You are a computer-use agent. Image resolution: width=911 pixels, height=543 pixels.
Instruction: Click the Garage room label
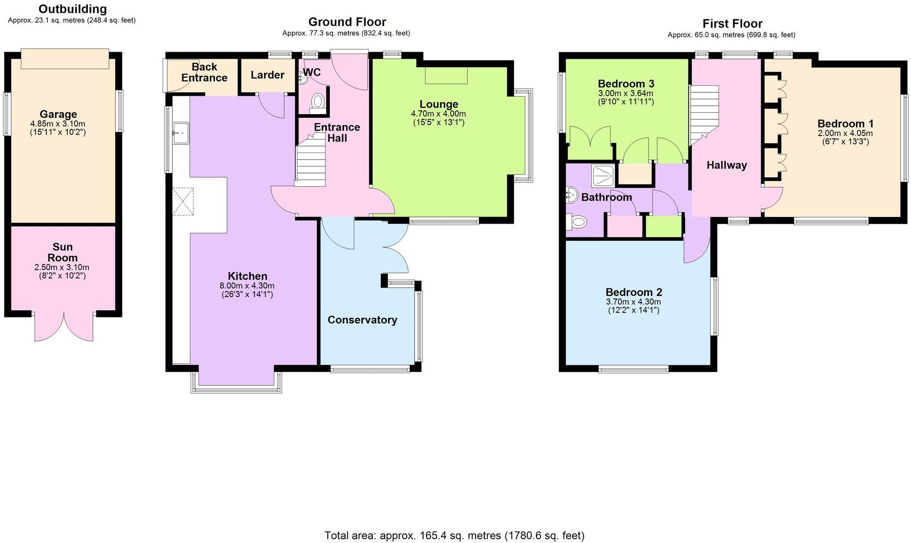pos(58,114)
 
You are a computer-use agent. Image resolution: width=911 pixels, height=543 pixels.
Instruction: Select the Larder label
pos(267,75)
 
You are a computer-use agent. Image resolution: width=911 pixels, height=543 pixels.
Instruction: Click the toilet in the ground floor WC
pos(317,101)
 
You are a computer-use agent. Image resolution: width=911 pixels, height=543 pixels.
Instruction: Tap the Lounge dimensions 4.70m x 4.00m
pos(438,114)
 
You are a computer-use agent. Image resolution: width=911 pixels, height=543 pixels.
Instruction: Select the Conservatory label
pos(362,320)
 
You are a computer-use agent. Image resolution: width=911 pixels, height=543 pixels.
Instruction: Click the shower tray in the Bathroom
pos(603,176)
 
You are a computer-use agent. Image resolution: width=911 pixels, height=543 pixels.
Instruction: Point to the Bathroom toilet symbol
pos(577,221)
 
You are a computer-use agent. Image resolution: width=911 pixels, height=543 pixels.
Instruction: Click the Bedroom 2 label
pos(633,292)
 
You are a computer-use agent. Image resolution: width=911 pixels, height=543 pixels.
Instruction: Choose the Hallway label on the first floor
pos(726,165)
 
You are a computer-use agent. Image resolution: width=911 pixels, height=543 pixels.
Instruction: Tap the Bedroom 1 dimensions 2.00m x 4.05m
pos(845,134)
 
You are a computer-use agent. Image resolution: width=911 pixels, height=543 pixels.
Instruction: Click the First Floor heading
pos(732,24)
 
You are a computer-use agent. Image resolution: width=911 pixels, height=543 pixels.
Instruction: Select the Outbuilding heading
pos(72,9)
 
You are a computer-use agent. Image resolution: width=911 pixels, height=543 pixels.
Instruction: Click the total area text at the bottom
pos(454,536)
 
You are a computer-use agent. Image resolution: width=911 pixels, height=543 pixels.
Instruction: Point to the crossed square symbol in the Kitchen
pos(183,201)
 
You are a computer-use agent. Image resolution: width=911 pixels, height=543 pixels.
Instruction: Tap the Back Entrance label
pos(204,72)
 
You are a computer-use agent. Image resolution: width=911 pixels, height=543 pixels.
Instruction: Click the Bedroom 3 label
pos(626,84)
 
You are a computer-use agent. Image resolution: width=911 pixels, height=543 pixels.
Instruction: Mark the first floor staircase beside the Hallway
pos(704,114)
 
